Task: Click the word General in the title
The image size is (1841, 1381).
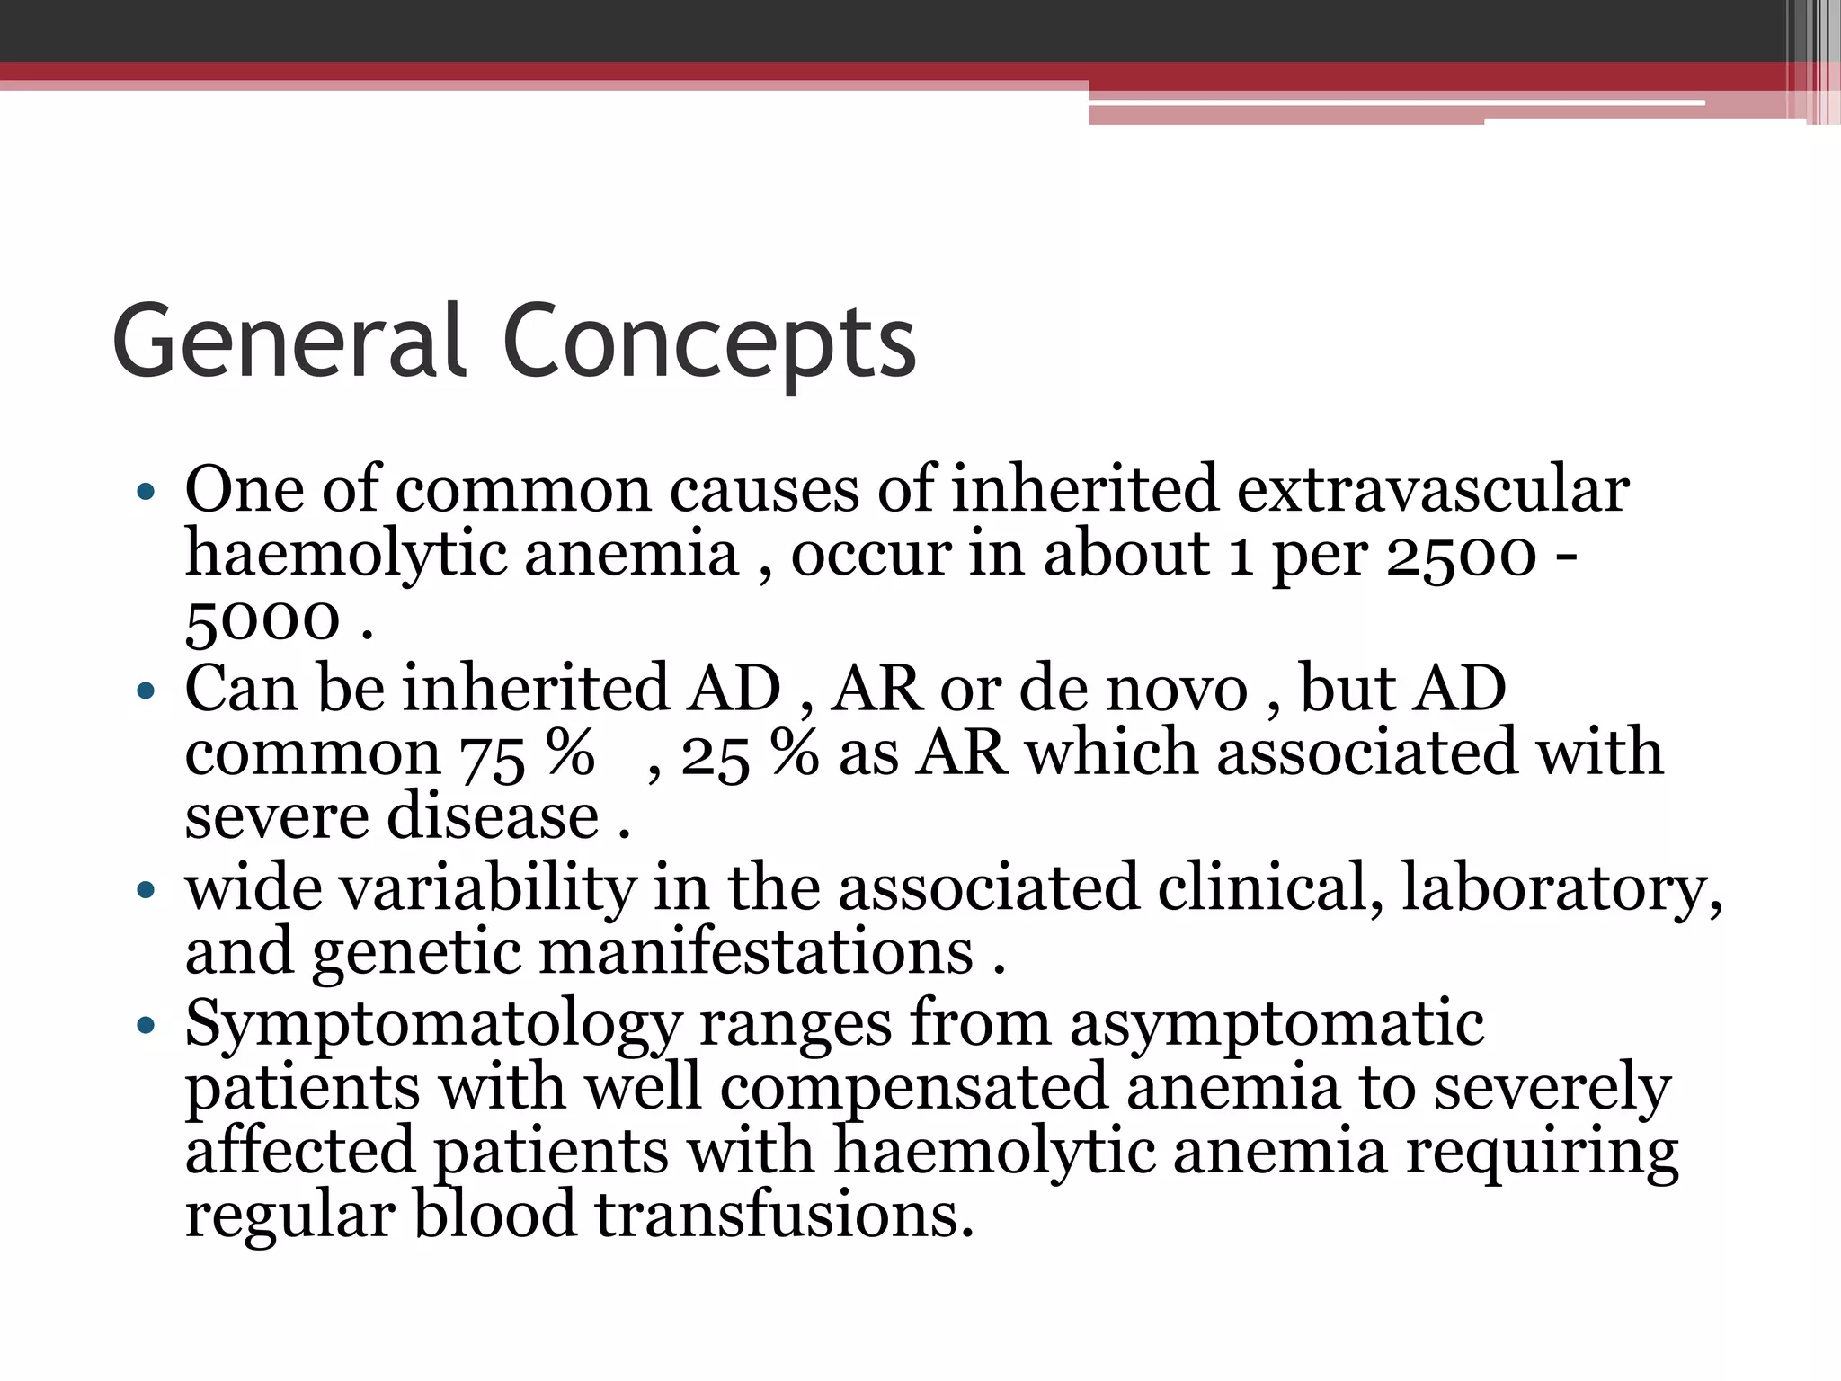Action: coord(288,342)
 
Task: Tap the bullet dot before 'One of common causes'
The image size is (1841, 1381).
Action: coord(146,492)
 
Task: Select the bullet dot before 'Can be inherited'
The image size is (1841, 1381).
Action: coord(146,690)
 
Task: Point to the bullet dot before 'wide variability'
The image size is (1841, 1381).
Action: coord(146,890)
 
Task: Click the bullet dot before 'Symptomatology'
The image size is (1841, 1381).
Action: coord(146,1024)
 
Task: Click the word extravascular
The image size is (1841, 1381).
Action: coord(1433,491)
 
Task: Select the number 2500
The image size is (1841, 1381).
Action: coord(1462,556)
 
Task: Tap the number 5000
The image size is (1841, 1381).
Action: coord(262,620)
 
